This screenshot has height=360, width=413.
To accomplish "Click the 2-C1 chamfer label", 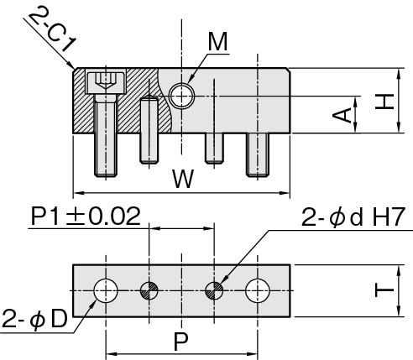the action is point(52,31).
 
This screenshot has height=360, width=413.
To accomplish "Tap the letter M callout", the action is point(218,42).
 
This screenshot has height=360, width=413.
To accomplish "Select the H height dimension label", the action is point(384,102).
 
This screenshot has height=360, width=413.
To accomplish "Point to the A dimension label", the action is point(342,115).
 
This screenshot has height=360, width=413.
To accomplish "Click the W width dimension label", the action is point(183,179).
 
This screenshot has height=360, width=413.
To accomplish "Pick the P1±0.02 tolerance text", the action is point(86,217).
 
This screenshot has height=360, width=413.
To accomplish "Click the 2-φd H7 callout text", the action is point(353,217).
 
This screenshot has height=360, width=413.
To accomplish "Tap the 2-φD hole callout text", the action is point(34,319).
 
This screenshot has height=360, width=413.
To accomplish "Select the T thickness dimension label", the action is point(384,290).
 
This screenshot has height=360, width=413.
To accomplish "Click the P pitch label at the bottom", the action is point(181,342).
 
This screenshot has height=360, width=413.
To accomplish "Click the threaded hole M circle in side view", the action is point(182,96).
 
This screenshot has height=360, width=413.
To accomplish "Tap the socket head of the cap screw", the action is point(106,83).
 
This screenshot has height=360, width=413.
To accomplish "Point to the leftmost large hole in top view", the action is point(106,290).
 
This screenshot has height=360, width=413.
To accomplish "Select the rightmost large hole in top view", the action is point(258,290).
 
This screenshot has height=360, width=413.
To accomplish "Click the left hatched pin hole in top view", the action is point(149,290).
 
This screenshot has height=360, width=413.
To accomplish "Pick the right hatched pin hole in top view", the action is point(214,290).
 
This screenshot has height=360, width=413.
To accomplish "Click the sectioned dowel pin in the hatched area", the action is point(149,130).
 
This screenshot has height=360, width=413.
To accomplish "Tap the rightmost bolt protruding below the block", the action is point(258,154).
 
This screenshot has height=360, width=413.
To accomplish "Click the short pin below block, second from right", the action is point(214,149).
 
